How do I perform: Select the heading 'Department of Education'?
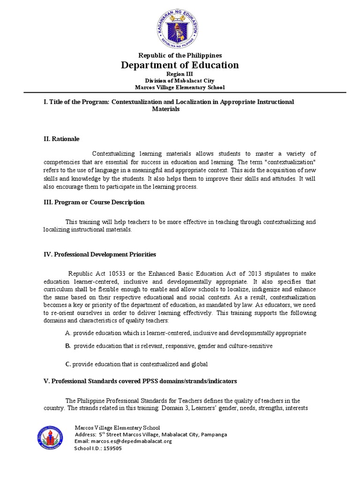[x=180, y=65]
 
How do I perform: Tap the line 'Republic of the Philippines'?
[x=180, y=55]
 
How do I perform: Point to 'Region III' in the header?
[x=180, y=74]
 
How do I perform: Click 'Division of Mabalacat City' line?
[x=180, y=81]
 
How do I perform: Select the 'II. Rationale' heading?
[x=61, y=139]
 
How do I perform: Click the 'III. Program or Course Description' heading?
[x=94, y=202]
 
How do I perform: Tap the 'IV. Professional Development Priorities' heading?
[x=99, y=254]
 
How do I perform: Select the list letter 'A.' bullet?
[x=68, y=333]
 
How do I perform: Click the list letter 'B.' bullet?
[x=68, y=346]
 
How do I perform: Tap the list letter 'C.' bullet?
[x=68, y=364]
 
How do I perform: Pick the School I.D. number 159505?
[x=112, y=448]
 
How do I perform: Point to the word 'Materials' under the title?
[x=166, y=109]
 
